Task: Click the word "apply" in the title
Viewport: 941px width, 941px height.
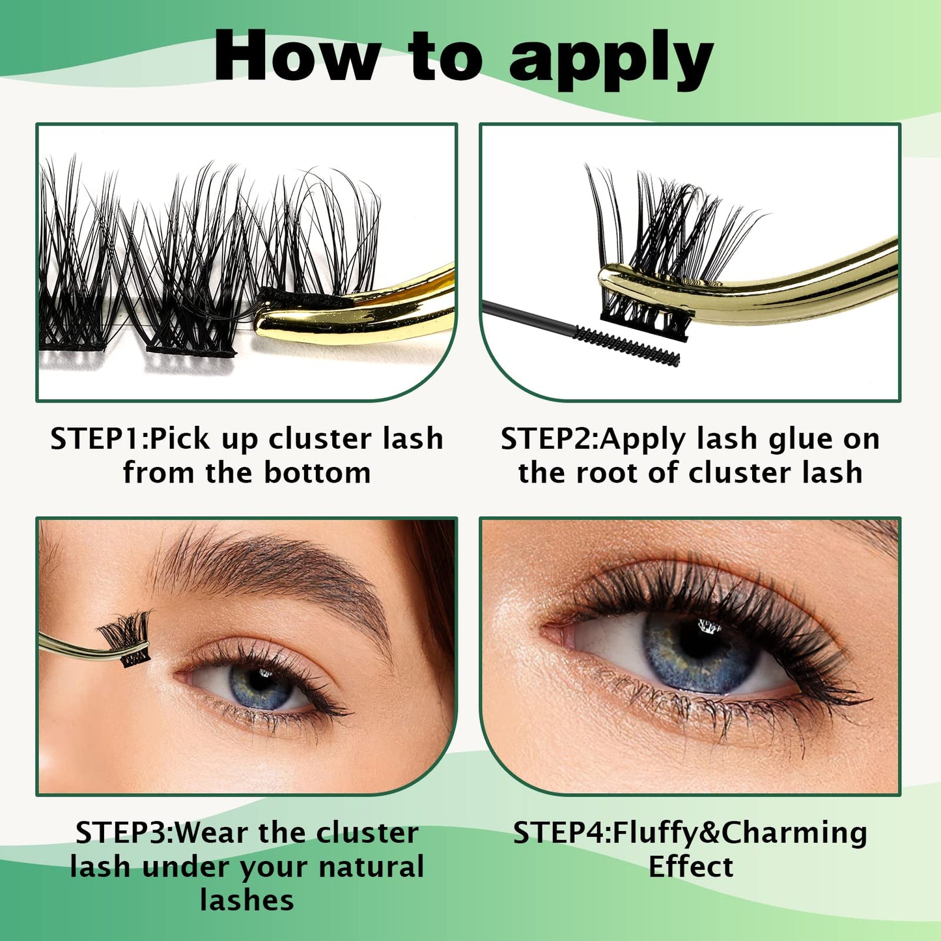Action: (x=611, y=59)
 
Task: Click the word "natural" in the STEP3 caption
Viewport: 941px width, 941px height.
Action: (x=371, y=867)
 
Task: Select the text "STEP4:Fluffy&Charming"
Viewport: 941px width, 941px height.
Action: (x=690, y=834)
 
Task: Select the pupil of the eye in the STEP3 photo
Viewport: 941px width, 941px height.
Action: (x=259, y=681)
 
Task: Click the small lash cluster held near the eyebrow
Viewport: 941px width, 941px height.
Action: (x=126, y=639)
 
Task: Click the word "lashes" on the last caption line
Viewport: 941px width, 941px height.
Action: (x=247, y=901)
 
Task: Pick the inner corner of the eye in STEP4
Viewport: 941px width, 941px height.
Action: (x=551, y=633)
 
